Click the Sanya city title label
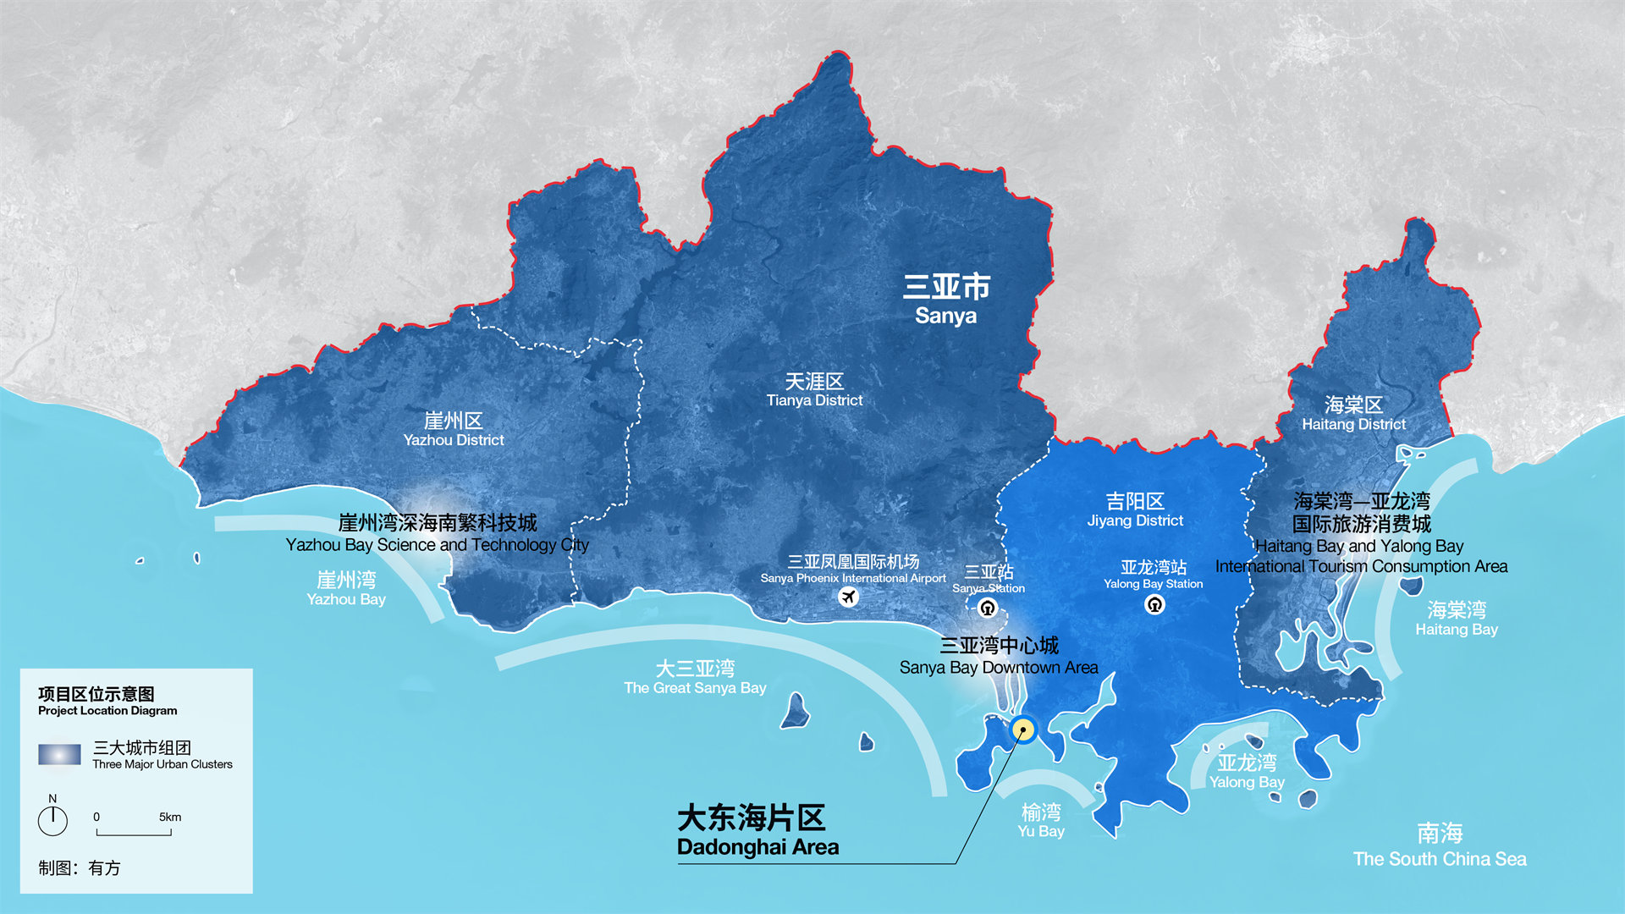946,300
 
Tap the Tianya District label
814,390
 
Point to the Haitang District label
1353,414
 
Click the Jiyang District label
1135,510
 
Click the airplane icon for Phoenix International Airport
848,597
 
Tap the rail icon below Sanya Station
987,608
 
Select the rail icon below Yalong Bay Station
1154,604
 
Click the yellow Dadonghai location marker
1024,730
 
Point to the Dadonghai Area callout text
757,831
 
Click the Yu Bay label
1041,821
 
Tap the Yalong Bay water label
1247,772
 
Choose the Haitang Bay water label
1457,619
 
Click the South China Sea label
1440,845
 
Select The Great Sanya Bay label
695,678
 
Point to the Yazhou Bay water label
346,589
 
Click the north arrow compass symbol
52,819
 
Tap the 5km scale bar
134,833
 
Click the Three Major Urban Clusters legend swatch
59,754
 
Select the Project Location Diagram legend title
107,701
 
